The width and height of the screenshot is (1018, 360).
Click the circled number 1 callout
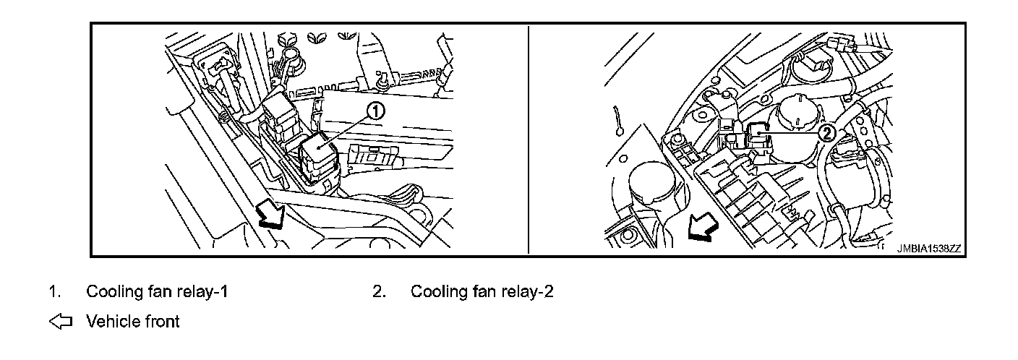click(375, 111)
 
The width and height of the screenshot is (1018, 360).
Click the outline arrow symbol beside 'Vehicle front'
click(61, 321)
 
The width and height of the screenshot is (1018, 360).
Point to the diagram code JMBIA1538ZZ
click(928, 248)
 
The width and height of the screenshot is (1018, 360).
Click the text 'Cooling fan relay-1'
click(158, 292)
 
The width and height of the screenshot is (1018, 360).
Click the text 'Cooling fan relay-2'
click(482, 292)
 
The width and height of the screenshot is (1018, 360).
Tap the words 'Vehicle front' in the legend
click(133, 321)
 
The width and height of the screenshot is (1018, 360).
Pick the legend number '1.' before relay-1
click(54, 292)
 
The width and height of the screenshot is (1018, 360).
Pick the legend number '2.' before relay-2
click(379, 292)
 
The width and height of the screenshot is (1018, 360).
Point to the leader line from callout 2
click(793, 133)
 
